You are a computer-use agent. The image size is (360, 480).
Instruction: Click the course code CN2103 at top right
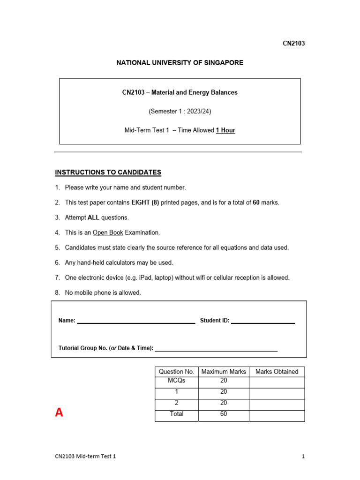(x=293, y=44)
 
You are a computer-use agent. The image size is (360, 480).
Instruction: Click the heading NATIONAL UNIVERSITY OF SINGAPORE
(x=180, y=63)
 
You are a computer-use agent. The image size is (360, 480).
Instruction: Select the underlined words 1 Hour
(x=225, y=130)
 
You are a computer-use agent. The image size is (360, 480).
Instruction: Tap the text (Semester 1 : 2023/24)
(x=180, y=112)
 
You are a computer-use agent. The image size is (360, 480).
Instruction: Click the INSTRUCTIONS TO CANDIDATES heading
(x=108, y=172)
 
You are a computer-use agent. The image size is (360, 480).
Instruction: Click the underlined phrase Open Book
(x=108, y=232)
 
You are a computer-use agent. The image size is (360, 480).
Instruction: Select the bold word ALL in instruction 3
(x=93, y=217)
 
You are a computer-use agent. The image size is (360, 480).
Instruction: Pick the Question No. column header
(x=176, y=372)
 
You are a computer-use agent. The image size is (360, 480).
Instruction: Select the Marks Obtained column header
(x=277, y=372)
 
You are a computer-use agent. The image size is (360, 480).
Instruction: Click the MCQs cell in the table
(x=176, y=381)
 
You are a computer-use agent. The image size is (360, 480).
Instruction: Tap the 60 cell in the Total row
(x=224, y=414)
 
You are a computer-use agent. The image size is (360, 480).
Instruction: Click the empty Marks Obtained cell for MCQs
(x=277, y=382)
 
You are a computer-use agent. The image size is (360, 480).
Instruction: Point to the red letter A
(x=59, y=412)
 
